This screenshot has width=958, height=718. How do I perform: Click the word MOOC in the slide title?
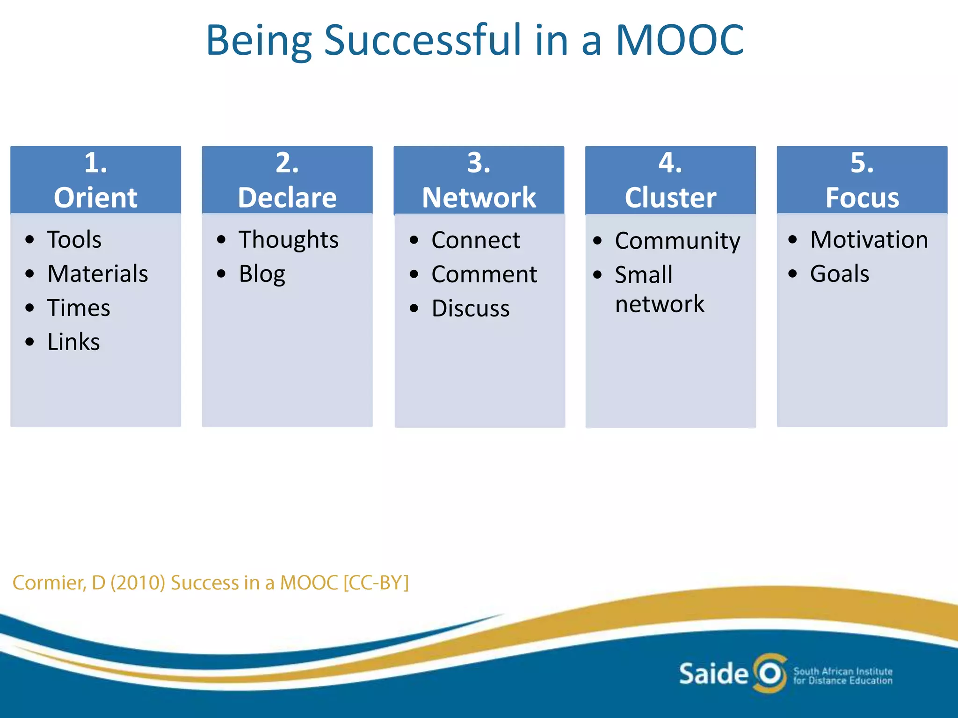(x=679, y=40)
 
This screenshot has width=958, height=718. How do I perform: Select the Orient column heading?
(x=95, y=197)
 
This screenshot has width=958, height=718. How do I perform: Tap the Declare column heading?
(x=287, y=197)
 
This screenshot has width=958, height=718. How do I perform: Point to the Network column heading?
(x=479, y=197)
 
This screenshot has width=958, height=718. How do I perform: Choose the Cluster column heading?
(x=670, y=197)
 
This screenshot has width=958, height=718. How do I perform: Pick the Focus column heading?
(x=862, y=197)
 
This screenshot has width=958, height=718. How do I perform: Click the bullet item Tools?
(x=74, y=240)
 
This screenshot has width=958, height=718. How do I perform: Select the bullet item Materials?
(x=97, y=274)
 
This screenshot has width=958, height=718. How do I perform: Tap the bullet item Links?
(x=73, y=342)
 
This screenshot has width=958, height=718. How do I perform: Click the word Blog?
(x=262, y=274)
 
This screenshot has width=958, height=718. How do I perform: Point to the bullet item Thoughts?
(x=289, y=240)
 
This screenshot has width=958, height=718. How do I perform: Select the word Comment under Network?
(x=484, y=274)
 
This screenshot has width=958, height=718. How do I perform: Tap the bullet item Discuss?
(x=471, y=309)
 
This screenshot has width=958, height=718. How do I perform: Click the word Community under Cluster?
(x=677, y=241)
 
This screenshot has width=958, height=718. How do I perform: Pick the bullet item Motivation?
(x=869, y=240)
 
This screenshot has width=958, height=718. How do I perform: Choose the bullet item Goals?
(x=840, y=274)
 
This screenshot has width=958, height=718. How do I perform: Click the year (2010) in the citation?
(x=138, y=583)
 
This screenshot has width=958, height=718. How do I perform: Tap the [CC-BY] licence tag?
(x=376, y=583)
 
